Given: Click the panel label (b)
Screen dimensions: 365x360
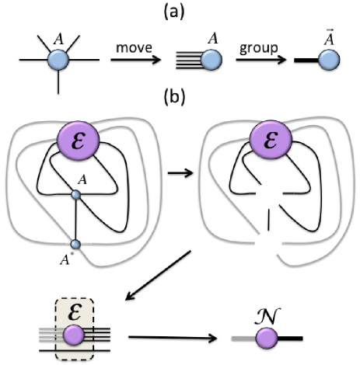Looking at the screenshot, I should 180,99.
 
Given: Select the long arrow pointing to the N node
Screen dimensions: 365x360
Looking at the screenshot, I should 170,338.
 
